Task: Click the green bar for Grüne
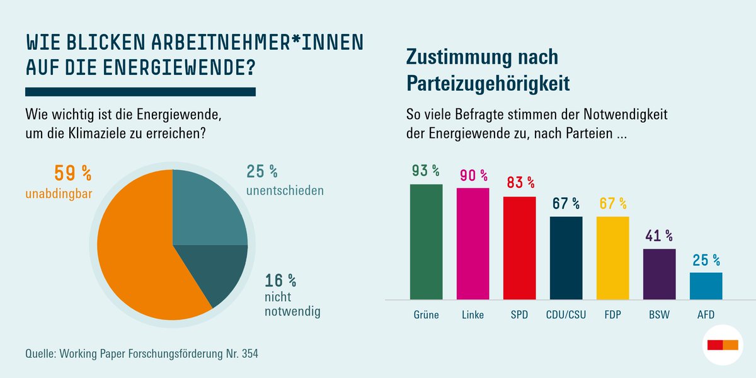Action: (426, 242)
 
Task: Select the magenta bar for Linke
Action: (472, 244)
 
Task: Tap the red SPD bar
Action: (519, 248)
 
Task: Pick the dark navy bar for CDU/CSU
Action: (566, 258)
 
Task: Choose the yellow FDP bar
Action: (612, 258)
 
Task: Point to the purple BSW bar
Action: (659, 274)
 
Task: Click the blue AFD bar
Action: (706, 286)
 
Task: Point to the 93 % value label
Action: (426, 171)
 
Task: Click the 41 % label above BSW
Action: (659, 236)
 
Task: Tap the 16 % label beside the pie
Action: (280, 279)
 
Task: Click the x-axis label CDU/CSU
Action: (566, 314)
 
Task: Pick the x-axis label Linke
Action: (472, 314)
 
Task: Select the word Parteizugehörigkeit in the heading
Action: (489, 82)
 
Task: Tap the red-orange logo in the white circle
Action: (723, 345)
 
